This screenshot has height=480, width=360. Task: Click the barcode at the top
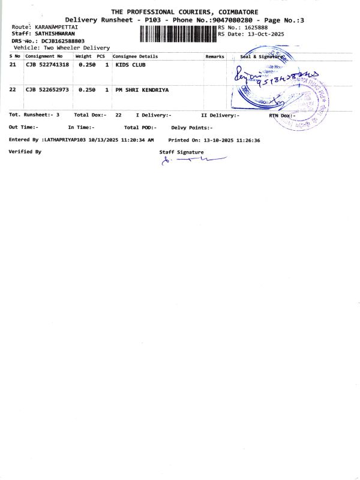pos(178,34)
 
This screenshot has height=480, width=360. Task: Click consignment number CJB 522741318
pos(47,64)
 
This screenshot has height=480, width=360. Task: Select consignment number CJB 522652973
pos(47,89)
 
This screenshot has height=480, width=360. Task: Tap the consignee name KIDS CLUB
pos(130,64)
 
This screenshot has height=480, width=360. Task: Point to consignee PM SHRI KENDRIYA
pos(142,89)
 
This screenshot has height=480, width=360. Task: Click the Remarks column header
pos(215,56)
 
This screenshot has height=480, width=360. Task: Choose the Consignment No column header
pos(43,56)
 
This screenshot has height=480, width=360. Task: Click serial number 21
pos(13,64)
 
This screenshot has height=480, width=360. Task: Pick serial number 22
pos(13,89)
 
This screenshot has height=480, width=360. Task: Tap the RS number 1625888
pos(256,28)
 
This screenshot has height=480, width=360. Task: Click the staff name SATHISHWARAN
pos(55,34)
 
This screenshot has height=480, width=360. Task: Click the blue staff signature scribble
pos(192,160)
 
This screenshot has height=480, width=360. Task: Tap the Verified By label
pos(25,152)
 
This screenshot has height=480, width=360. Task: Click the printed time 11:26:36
pos(248,140)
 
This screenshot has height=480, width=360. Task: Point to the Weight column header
pos(83,56)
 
